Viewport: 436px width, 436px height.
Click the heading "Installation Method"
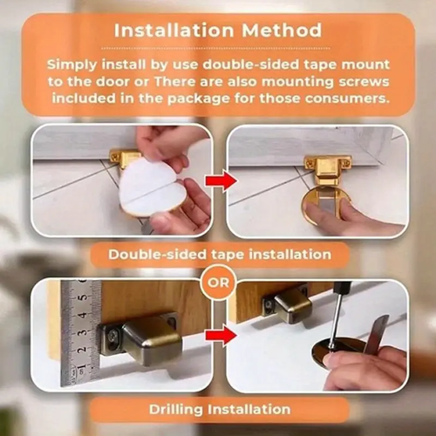(x=218, y=31)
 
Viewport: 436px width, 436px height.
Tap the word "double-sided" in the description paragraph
(x=250, y=65)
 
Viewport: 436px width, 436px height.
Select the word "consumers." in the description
(x=347, y=99)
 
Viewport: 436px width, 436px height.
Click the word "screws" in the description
(x=364, y=82)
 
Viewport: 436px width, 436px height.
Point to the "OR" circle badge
(x=218, y=283)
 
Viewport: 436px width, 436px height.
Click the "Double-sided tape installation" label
(x=220, y=255)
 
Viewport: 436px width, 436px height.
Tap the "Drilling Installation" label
(x=220, y=409)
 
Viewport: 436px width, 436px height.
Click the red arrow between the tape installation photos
(x=221, y=181)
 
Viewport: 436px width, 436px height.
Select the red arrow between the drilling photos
(x=221, y=336)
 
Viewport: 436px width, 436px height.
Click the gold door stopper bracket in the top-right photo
(x=328, y=170)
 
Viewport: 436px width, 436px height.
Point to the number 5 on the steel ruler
(x=84, y=297)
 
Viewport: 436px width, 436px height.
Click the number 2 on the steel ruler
(x=83, y=349)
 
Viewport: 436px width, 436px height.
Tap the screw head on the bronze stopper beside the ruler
(x=112, y=337)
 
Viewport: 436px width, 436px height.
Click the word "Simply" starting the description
(x=72, y=65)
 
